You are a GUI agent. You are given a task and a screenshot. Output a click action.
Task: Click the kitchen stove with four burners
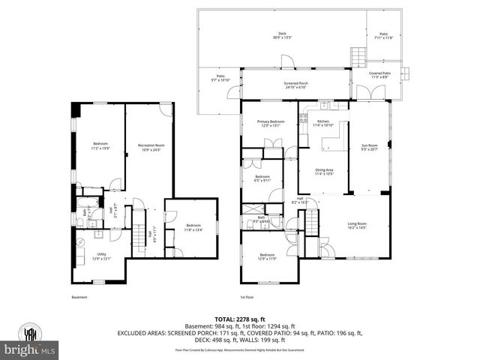[304, 118]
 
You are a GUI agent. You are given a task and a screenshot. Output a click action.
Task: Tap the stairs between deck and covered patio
[358, 56]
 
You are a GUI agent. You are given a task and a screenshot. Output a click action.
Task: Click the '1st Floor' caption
[248, 298]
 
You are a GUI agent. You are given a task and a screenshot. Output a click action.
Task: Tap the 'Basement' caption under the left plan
[79, 298]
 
